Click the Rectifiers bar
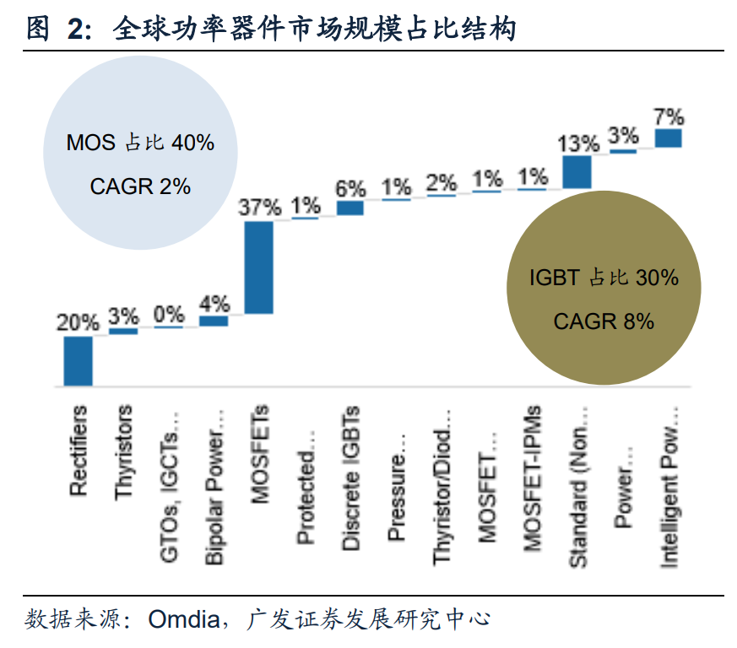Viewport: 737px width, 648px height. (78, 361)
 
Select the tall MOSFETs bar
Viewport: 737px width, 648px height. (259, 267)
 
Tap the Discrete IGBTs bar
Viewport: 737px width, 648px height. (350, 208)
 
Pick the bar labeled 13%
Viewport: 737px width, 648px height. (577, 172)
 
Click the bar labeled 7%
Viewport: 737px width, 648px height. (669, 138)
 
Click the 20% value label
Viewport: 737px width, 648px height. (78, 322)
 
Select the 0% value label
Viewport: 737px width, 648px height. (169, 314)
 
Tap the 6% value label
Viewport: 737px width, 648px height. (350, 188)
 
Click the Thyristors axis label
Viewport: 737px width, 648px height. (124, 451)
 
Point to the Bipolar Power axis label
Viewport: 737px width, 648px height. (214, 487)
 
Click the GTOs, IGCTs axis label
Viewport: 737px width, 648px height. (169, 487)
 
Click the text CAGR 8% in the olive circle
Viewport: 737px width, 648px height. (604, 321)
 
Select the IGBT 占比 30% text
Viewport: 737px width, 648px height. (604, 278)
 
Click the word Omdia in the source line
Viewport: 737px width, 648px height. (185, 620)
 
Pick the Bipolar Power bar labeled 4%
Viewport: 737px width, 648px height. (214, 321)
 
